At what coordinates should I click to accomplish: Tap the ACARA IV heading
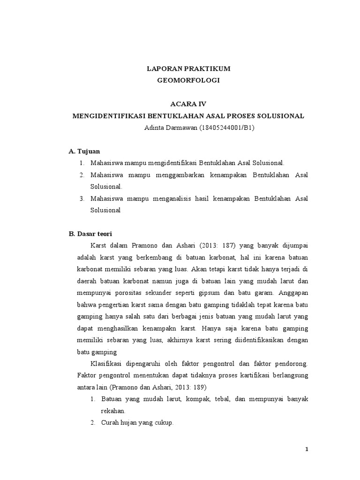188,104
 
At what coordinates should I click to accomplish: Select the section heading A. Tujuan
84,151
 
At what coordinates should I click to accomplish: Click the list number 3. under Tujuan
82,198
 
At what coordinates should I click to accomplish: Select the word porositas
125,293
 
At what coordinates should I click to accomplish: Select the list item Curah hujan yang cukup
137,422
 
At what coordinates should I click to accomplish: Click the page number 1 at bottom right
307,450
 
